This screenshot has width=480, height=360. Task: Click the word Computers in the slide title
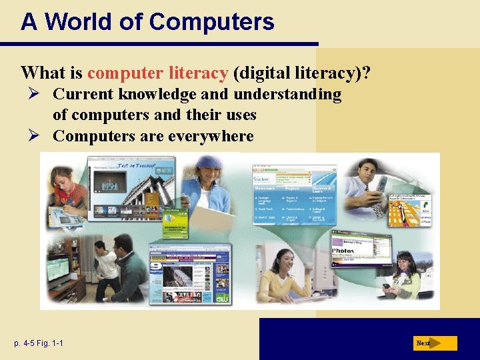(212, 22)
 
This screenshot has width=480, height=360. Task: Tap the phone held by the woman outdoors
(387, 287)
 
